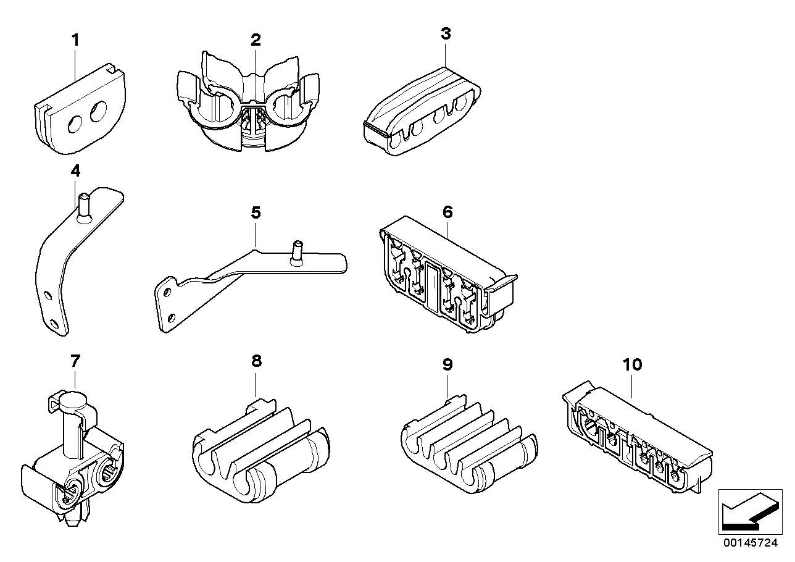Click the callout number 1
pyautogui.click(x=75, y=41)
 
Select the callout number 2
pyautogui.click(x=256, y=40)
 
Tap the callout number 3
pyautogui.click(x=446, y=34)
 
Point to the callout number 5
pyautogui.click(x=256, y=213)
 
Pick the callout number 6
pyautogui.click(x=447, y=212)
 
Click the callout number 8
pyautogui.click(x=256, y=361)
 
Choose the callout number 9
pyautogui.click(x=447, y=364)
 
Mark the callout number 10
pyautogui.click(x=633, y=364)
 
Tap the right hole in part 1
pyautogui.click(x=98, y=113)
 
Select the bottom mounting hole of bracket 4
pyautogui.click(x=55, y=323)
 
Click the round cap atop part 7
pyautogui.click(x=73, y=396)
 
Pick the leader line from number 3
pyautogui.click(x=446, y=53)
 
